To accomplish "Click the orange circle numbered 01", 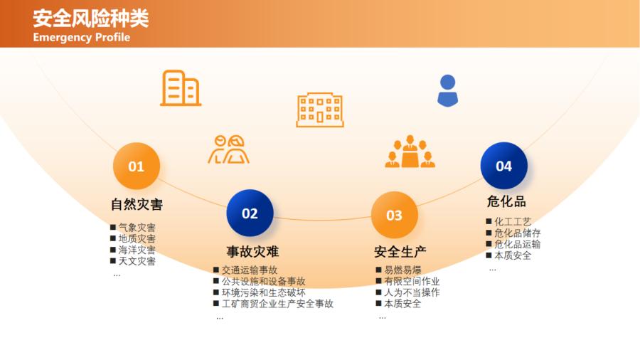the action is tap(137, 166).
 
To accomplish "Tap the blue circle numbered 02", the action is tap(250, 213).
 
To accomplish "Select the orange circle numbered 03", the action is tap(394, 215).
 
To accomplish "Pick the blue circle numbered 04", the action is tap(504, 166).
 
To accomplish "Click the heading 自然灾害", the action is tap(137, 204).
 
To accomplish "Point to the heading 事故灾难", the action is tap(252, 251).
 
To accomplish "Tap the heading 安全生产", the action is tap(400, 251).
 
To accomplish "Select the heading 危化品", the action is tap(506, 201).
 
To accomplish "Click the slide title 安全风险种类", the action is tap(90, 18).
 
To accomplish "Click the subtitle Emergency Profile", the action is tap(82, 37).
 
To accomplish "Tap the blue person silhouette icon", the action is tap(448, 90).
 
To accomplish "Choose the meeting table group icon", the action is tap(410, 152).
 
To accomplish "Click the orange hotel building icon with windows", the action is tap(320, 110).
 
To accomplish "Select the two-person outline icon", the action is tap(228, 149).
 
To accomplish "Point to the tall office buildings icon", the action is tap(181, 88).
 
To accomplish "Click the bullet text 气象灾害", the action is tap(137, 228).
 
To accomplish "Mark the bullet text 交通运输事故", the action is tap(250, 270).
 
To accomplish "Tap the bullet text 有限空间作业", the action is tap(412, 281).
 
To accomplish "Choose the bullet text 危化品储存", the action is tap(518, 233).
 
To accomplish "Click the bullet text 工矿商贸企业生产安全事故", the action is tap(277, 304).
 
